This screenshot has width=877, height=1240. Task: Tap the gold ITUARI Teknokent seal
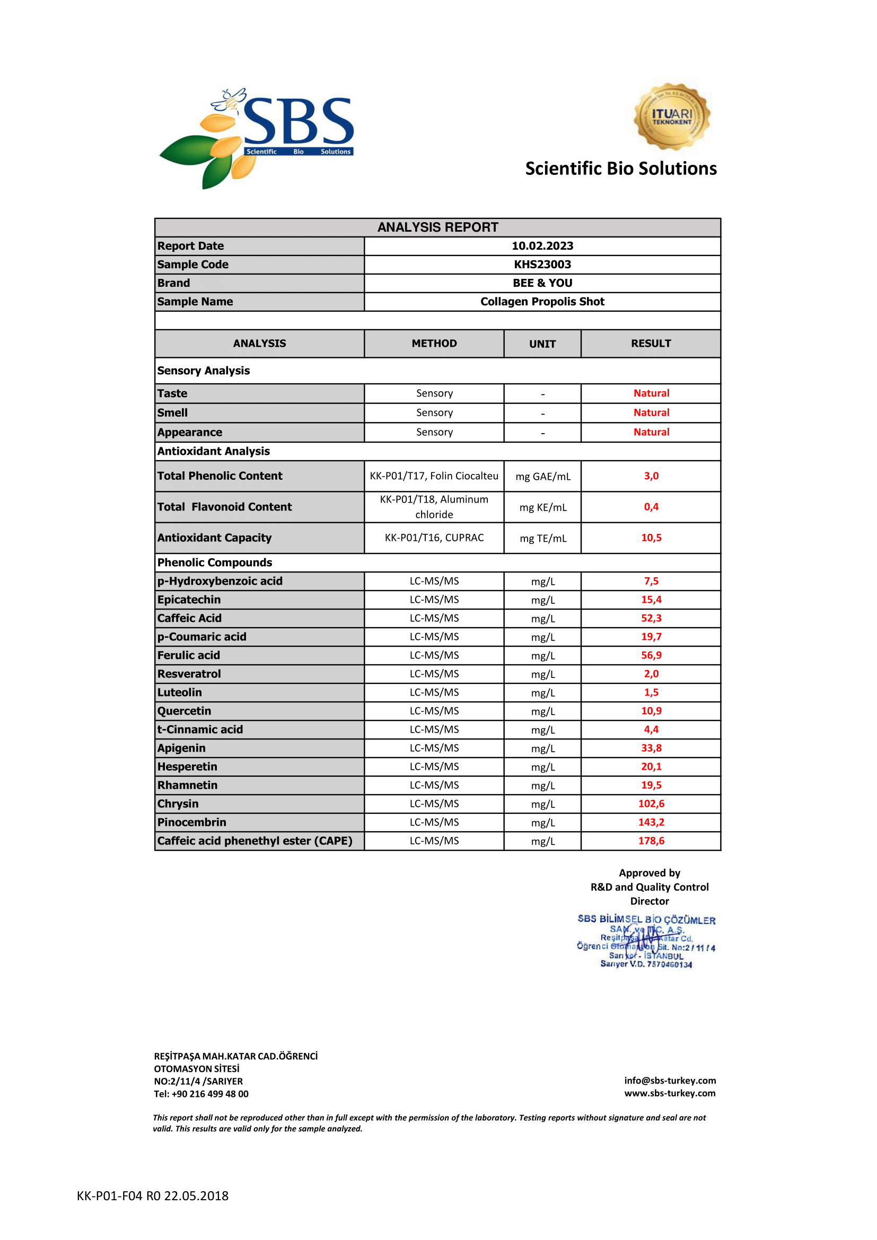coord(671,116)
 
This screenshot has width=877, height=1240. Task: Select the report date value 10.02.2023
coord(542,246)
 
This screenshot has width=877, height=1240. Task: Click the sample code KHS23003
coord(542,265)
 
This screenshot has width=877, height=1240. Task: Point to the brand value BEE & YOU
coord(542,283)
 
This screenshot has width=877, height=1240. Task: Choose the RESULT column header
coord(651,344)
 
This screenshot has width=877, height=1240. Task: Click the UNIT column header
coord(542,344)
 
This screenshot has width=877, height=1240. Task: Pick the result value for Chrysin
coord(651,804)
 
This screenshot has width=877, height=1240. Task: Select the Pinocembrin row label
coord(192,822)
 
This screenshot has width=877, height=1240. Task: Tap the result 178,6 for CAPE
coord(651,841)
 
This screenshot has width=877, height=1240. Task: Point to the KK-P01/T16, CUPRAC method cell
coord(434,538)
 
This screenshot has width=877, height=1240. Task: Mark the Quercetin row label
coord(184,711)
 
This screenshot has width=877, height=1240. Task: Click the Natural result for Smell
coord(651,412)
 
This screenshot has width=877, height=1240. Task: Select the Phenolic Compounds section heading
coord(214,562)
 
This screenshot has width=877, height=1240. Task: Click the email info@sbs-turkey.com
coord(670,1080)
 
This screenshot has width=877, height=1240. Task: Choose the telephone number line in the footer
coord(201,1094)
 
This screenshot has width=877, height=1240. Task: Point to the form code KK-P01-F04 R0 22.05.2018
coord(152,1195)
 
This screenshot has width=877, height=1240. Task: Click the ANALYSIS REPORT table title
coord(437,227)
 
